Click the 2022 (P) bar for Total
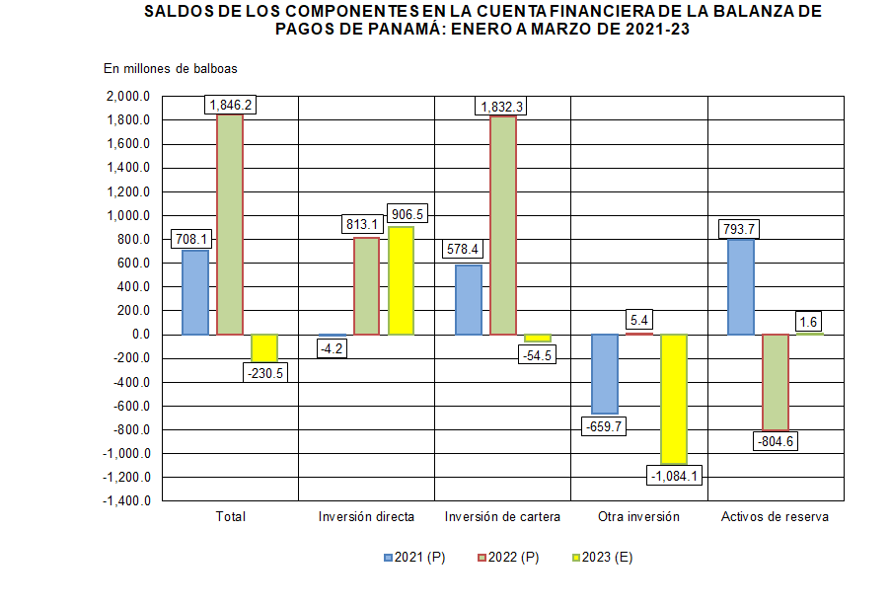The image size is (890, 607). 230,225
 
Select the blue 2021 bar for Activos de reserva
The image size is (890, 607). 740,286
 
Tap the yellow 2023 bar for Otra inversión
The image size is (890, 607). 674,399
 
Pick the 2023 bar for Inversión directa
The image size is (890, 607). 401,280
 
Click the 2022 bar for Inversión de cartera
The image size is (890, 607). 502,225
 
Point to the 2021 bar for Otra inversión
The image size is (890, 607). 604,373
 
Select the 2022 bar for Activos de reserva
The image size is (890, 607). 775,382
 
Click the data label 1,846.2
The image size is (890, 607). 230,104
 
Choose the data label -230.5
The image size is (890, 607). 264,373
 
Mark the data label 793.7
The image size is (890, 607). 740,229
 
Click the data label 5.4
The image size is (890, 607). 638,320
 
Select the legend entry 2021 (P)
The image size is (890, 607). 414,558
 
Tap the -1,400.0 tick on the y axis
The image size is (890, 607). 125,501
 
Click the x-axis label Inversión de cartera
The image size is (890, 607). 502,517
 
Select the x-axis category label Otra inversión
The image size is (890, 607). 638,517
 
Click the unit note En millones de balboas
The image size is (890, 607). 170,68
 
